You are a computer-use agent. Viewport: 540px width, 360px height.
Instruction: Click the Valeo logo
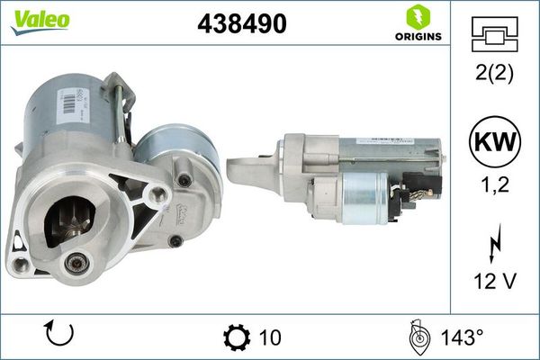tap(40, 22)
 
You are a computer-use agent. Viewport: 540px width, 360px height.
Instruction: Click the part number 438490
tap(242, 23)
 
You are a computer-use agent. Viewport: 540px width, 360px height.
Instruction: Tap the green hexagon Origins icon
tap(418, 17)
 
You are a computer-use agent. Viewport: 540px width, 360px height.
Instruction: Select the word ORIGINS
tap(418, 37)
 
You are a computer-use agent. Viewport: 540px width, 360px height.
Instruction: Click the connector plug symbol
tap(494, 34)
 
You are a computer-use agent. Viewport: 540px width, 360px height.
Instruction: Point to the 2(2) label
tap(494, 73)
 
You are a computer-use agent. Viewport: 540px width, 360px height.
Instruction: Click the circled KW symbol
tap(495, 141)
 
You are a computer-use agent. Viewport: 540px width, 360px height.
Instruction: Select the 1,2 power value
tap(495, 184)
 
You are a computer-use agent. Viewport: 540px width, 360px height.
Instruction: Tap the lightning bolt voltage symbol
tap(494, 243)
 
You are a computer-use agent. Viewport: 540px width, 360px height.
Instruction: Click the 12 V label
tap(495, 281)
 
